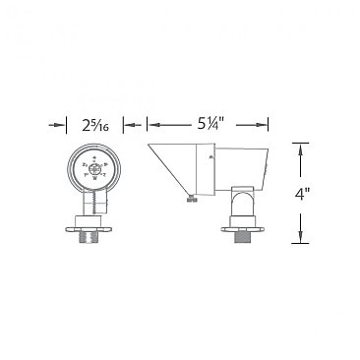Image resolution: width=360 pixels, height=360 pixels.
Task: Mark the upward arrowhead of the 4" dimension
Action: tap(299, 147)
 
